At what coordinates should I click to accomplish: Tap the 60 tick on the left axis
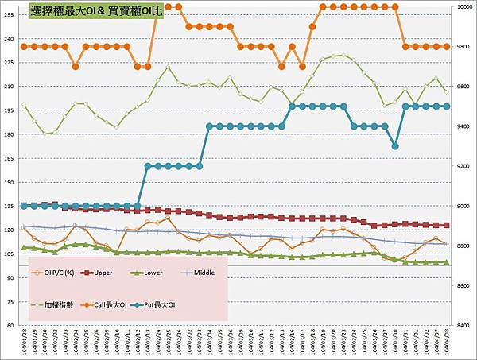11,325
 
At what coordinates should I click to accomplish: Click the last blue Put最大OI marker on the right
447,106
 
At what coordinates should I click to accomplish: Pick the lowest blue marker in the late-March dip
395,146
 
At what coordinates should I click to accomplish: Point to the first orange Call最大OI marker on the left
24,47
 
